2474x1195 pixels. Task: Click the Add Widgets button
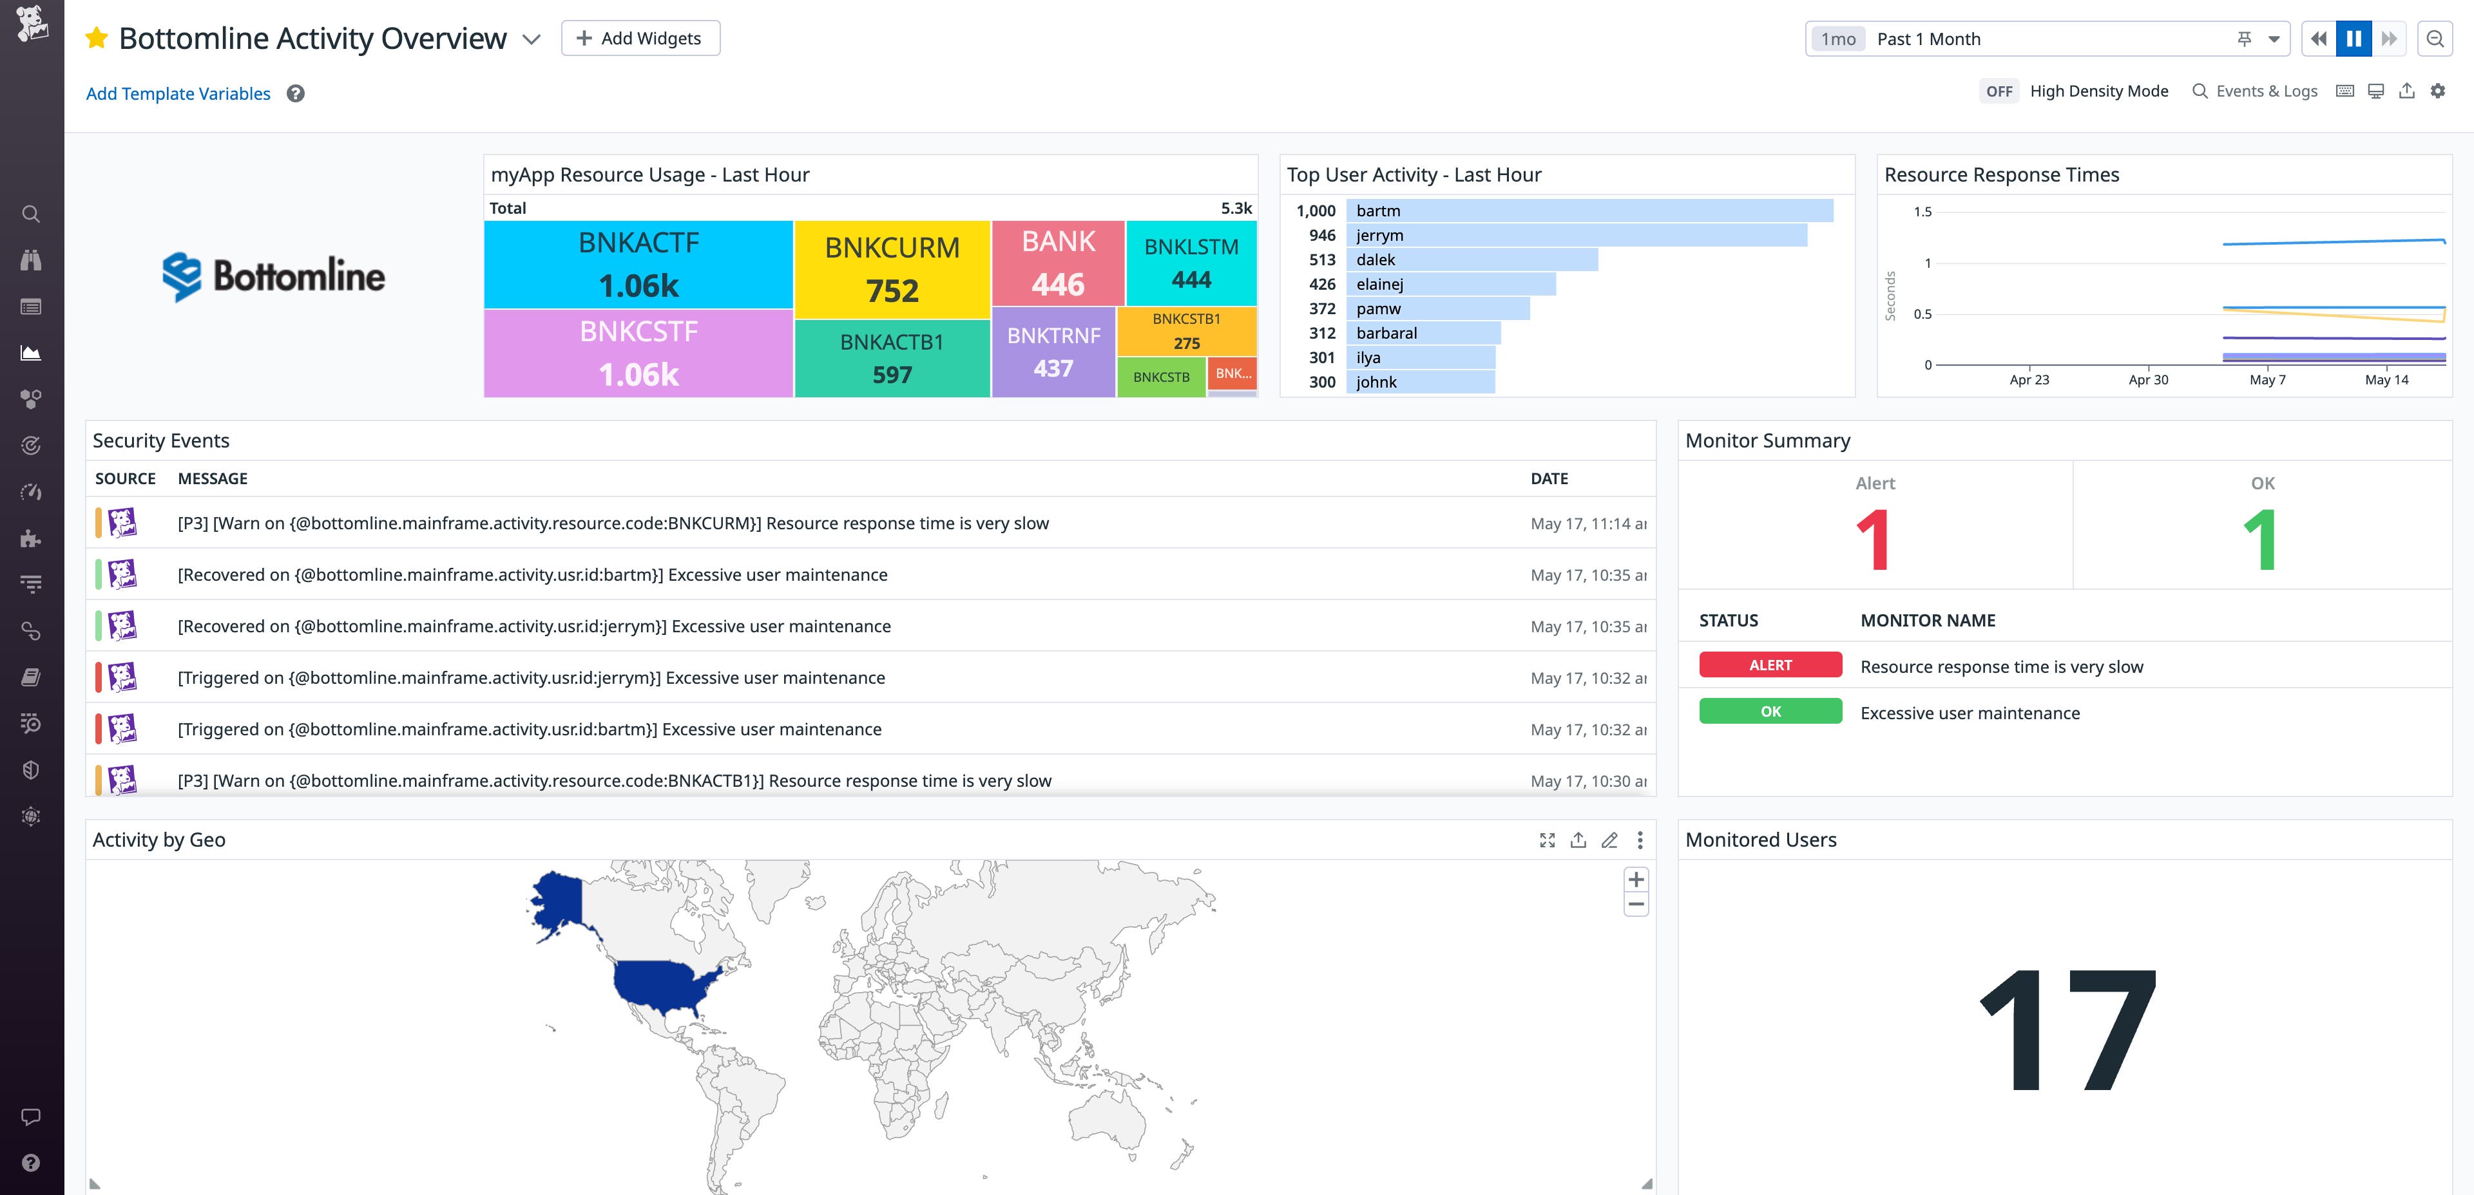tap(640, 39)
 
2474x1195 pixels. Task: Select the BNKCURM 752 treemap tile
tap(892, 268)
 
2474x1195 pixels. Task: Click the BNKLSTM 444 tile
tap(1191, 263)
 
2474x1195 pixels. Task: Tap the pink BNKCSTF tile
tap(638, 352)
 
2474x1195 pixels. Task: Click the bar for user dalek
tap(1472, 260)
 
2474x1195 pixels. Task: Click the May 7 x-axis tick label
tap(2268, 380)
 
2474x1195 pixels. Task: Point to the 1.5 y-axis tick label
tap(1922, 212)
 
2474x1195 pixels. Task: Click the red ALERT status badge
tap(1770, 665)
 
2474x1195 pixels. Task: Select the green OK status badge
tap(1770, 711)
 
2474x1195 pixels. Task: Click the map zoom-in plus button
tap(1636, 880)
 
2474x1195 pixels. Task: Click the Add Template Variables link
tap(178, 94)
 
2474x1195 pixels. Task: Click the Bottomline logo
tap(274, 276)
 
